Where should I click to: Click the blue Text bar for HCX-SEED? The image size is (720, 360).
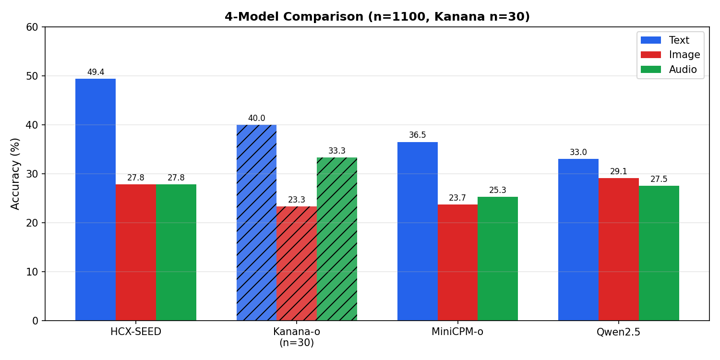[x=96, y=199]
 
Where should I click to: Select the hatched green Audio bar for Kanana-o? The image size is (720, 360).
[x=337, y=239]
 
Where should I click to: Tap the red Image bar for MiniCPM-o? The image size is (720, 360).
[x=457, y=262]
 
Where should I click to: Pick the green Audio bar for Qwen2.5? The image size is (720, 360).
[x=659, y=253]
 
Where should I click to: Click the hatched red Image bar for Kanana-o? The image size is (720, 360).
[x=297, y=263]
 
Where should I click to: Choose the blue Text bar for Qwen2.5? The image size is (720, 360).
[x=578, y=240]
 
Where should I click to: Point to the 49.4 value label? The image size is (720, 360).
[x=96, y=72]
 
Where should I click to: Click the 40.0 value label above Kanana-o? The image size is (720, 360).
[x=256, y=119]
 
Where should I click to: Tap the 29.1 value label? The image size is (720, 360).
[x=619, y=172]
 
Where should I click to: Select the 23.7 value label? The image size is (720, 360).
[x=457, y=198]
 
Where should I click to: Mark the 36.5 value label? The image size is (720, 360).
[x=418, y=135]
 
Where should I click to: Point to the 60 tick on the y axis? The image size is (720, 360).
[x=32, y=27]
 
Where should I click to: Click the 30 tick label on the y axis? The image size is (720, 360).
[x=32, y=174]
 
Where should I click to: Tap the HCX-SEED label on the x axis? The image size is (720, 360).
[x=136, y=332]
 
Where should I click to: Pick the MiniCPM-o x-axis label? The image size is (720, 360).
[x=457, y=332]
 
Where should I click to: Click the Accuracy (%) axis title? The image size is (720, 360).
[x=15, y=174]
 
